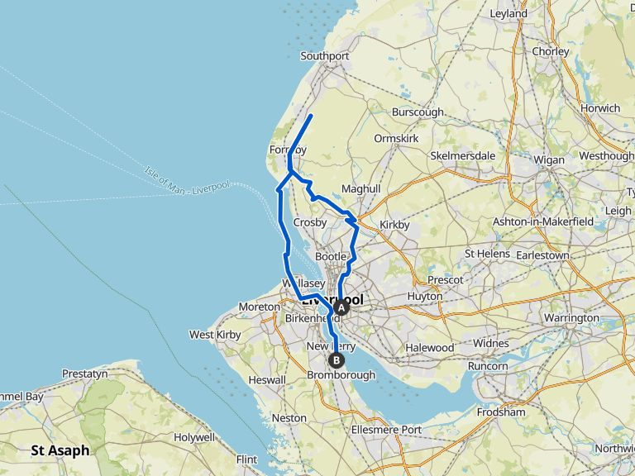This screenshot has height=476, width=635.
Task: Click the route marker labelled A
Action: [x=339, y=307]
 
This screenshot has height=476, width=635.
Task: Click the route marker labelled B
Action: [x=336, y=359]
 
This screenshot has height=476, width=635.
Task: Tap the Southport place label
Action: [x=325, y=56]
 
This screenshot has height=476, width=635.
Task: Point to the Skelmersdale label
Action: [x=462, y=155]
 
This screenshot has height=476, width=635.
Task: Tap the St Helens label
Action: [x=487, y=254]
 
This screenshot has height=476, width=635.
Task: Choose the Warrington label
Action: [x=572, y=317]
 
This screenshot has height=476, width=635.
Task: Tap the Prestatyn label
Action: [x=84, y=374]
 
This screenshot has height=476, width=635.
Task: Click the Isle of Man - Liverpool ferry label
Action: [x=186, y=180]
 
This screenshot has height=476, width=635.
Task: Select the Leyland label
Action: [x=508, y=14]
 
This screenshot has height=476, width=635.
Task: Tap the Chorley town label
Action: [x=551, y=51]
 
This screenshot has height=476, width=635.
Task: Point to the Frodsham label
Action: [x=501, y=412]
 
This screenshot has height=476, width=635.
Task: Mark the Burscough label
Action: [x=418, y=112]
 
